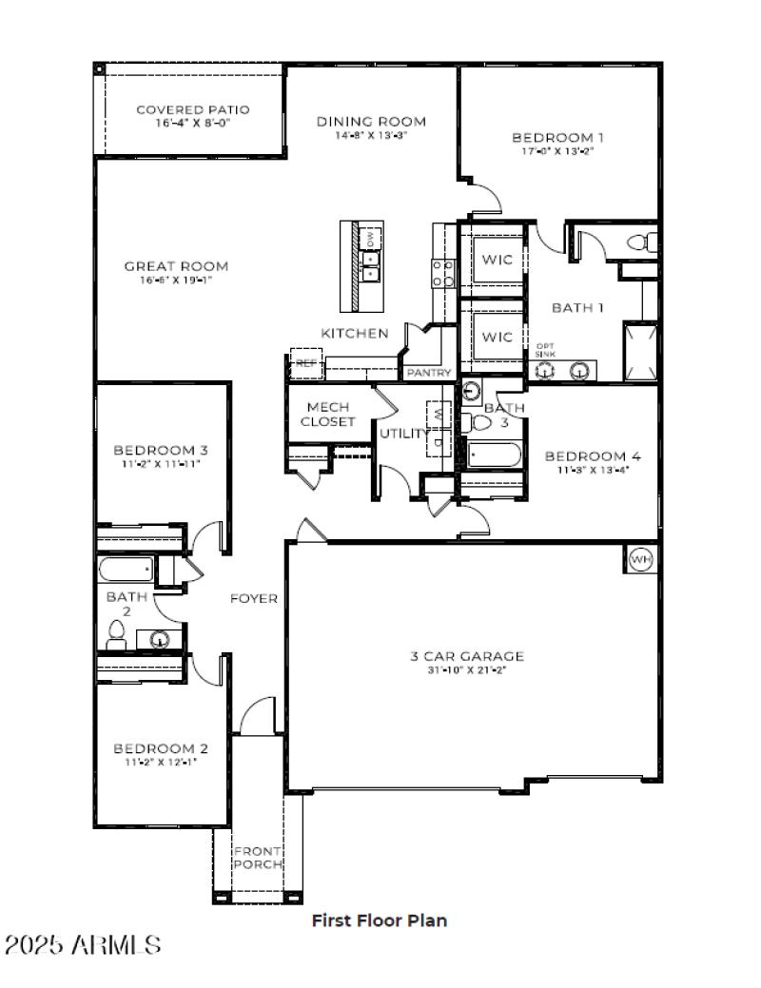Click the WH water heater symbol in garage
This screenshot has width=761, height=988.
pyautogui.click(x=641, y=560)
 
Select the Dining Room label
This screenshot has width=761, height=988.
pyautogui.click(x=371, y=121)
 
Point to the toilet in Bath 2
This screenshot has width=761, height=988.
pyautogui.click(x=116, y=635)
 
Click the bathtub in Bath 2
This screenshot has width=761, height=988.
pyautogui.click(x=126, y=570)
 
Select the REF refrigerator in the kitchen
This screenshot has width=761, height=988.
pyautogui.click(x=305, y=363)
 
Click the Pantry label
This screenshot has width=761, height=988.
pyautogui.click(x=429, y=373)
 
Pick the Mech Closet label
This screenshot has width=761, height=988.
pyautogui.click(x=328, y=414)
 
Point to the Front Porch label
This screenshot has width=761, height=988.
pyautogui.click(x=258, y=857)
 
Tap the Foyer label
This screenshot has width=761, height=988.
pyautogui.click(x=254, y=598)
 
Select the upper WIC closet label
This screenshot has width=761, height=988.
pyautogui.click(x=496, y=259)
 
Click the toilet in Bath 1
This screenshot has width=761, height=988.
pyautogui.click(x=643, y=242)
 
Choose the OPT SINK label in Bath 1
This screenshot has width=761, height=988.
pyautogui.click(x=545, y=349)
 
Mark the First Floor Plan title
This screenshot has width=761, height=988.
pyautogui.click(x=379, y=920)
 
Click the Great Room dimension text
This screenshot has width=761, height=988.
pyautogui.click(x=176, y=281)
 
